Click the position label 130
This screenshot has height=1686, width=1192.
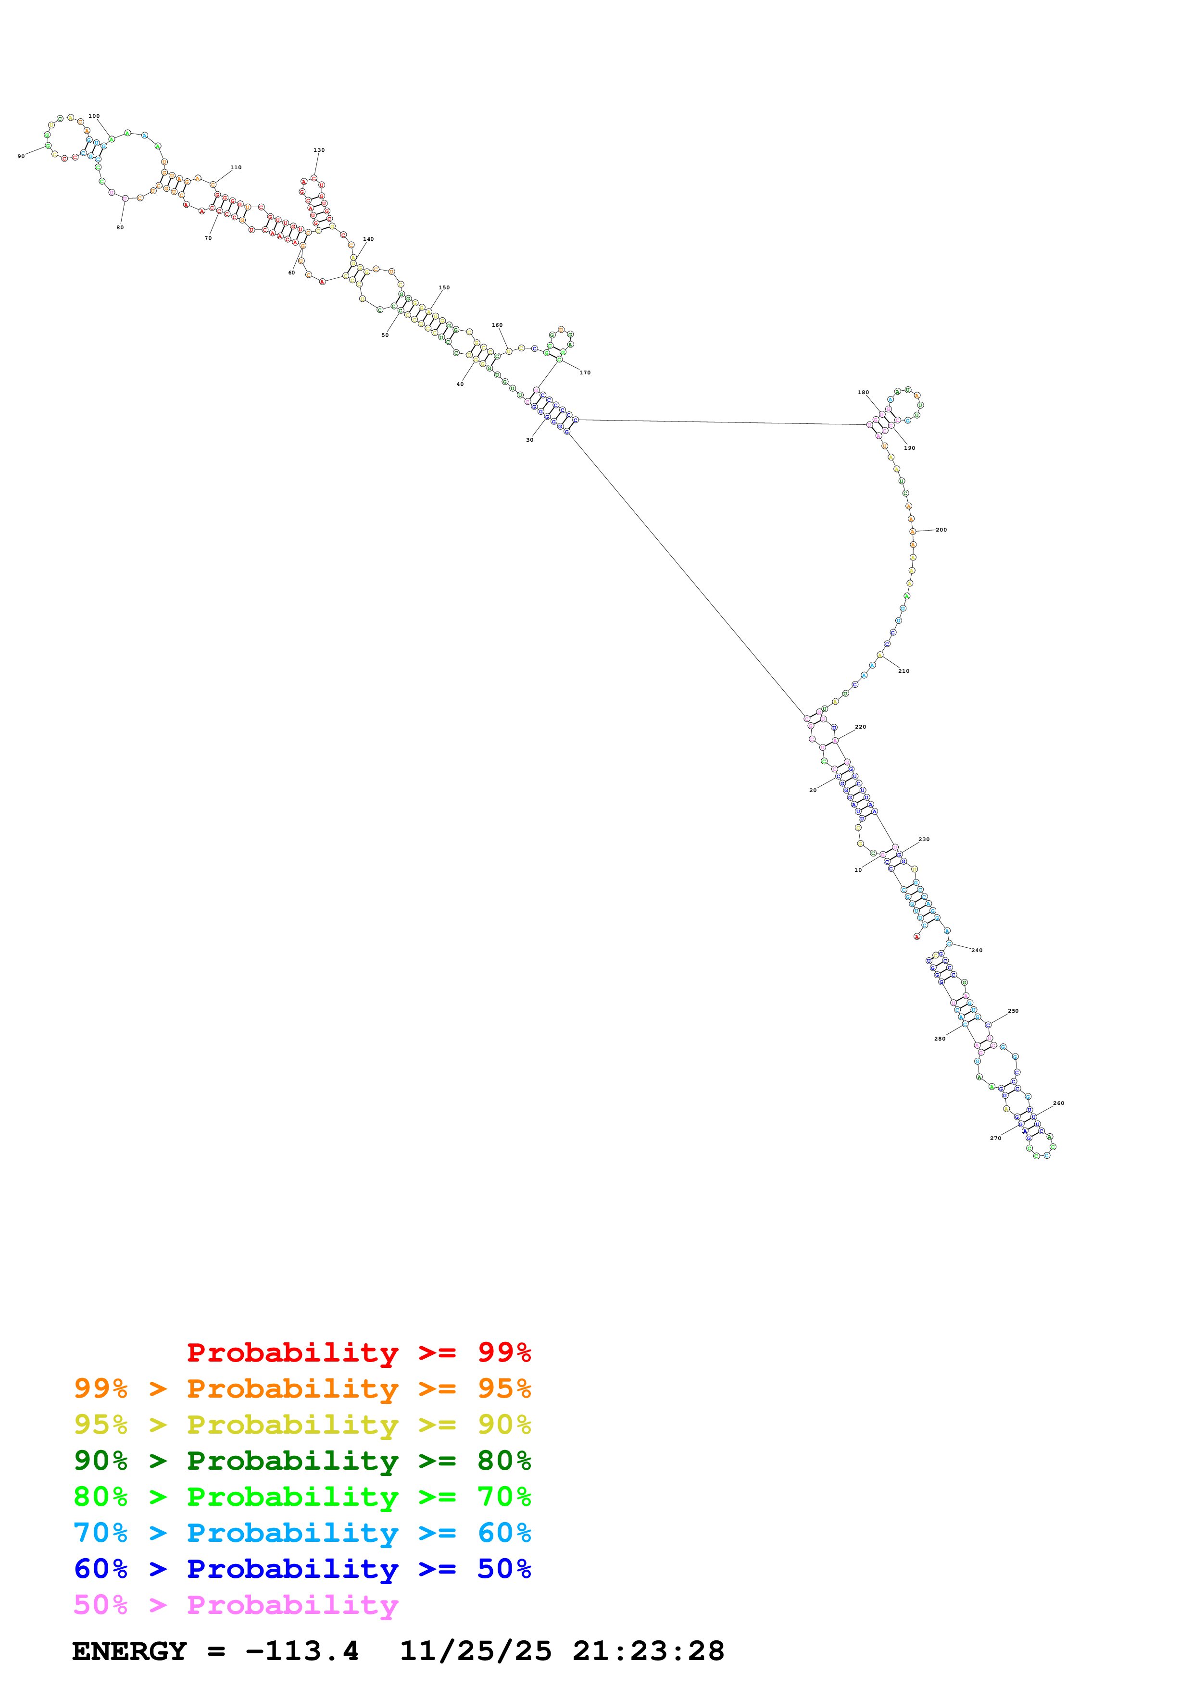click(319, 150)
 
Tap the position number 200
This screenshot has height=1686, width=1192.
click(941, 530)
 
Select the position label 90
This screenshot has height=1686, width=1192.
click(21, 156)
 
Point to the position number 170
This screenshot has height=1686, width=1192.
click(585, 372)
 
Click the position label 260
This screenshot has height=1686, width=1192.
click(1058, 1103)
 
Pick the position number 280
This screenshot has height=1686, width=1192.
click(940, 1038)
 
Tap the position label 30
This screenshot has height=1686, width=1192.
click(529, 440)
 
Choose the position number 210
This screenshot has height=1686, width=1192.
click(903, 671)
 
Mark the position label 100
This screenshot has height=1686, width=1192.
click(94, 116)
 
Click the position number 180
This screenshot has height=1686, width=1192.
click(863, 392)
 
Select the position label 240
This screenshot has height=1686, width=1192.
click(977, 950)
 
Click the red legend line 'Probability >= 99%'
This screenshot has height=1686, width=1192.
click(358, 1352)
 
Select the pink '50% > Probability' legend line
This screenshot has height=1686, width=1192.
click(236, 1605)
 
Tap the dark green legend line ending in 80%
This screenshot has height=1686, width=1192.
click(302, 1461)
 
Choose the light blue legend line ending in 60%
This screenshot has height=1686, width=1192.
click(302, 1533)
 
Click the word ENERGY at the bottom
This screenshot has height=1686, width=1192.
click(129, 1651)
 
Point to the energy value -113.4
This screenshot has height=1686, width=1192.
click(302, 1651)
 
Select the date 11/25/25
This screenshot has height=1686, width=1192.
click(475, 1651)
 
